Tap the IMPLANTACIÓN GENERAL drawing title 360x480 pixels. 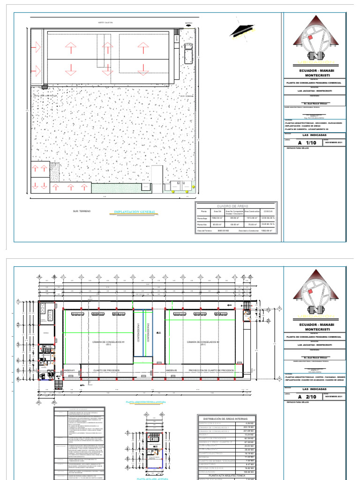(x=135, y=212)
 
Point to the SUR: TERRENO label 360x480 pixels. (x=82, y=211)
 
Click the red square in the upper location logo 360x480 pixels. (x=310, y=37)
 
